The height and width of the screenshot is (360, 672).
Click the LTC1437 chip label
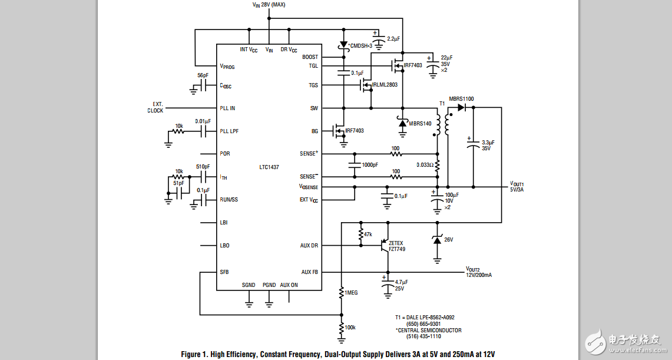pos(269,167)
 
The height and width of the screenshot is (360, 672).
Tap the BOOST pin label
pos(310,57)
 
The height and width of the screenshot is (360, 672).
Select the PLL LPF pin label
pos(229,131)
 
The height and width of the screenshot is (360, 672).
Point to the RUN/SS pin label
pos(229,199)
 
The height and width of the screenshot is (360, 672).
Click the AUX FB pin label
pos(309,272)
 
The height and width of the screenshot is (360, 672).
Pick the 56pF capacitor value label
pos(203,75)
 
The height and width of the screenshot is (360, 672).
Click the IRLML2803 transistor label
pos(385,85)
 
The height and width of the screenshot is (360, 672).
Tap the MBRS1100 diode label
pos(461,99)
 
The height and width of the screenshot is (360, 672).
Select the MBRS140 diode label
pos(420,123)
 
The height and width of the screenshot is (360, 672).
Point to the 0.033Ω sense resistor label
pos(425,165)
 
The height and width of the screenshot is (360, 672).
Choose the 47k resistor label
pos(368,235)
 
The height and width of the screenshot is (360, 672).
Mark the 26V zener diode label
pos(448,239)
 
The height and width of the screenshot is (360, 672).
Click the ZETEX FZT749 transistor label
pos(397,246)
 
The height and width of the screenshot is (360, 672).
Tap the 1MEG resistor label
pos(352,292)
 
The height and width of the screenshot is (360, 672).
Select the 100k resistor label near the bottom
pos(350,327)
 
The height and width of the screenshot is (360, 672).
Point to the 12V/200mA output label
pos(479,275)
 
